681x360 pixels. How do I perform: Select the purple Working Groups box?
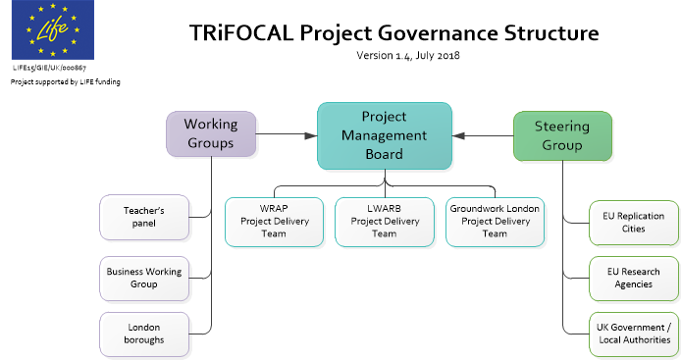coord(210,134)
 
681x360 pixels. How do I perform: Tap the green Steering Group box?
coord(561,135)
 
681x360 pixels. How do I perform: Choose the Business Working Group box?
coord(143,278)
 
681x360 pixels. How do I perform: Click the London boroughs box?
coord(143,333)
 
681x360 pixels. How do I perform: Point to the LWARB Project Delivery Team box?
coord(385,221)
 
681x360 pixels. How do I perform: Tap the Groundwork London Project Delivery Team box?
coord(495,221)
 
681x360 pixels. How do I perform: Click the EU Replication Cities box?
coord(633,223)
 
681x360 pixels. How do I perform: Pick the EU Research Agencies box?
coord(633,278)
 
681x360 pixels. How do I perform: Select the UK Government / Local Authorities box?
coord(633,333)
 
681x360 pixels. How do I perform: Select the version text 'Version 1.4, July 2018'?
coord(407,56)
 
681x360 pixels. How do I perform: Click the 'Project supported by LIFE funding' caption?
coord(66,82)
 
